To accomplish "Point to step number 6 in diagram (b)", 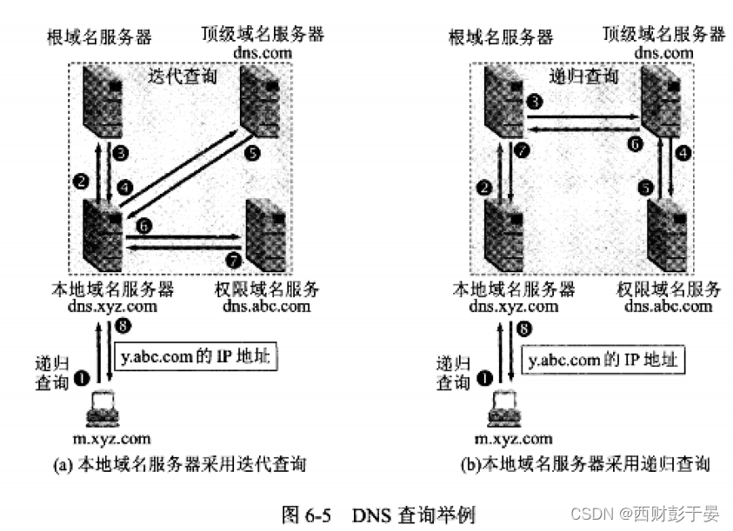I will (635, 144).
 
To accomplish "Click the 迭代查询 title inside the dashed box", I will (182, 77).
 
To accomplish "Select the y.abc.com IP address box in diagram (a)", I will (196, 357).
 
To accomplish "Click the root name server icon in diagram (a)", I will (102, 98).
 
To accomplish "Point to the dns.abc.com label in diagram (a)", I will (266, 306).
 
